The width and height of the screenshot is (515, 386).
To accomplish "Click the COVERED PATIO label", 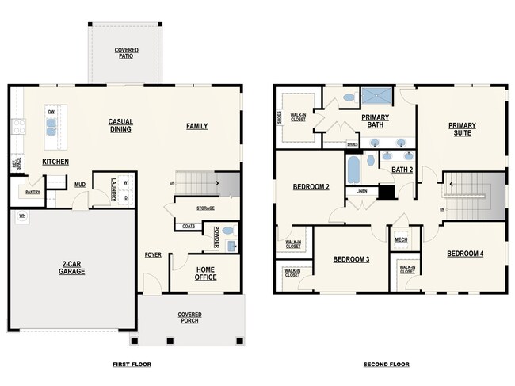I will pos(126,53).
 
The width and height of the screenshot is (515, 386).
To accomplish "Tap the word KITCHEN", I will pos(55,162).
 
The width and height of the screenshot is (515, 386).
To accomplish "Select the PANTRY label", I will pos(32,192).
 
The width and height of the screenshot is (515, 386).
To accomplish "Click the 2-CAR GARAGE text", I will pos(71,268).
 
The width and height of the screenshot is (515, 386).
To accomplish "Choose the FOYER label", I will pos(153,254).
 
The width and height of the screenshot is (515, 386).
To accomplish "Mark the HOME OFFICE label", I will pos(205,273).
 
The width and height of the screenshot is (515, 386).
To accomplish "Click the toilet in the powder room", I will pos(228,231).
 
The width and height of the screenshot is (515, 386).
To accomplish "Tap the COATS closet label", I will pos(189,226).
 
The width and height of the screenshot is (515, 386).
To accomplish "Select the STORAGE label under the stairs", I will pos(205,208).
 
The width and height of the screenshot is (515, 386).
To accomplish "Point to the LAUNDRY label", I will pos(114,190).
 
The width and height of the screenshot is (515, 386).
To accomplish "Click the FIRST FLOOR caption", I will pos(131,365).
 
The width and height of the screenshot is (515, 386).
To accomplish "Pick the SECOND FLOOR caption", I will pos(386,365).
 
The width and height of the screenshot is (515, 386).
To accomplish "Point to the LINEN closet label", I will pos(361,191).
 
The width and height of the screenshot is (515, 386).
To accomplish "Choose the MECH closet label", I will pos(401,239).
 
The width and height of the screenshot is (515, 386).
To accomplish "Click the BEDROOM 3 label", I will pos(351,259).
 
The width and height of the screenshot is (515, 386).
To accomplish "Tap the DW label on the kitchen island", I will pos(51,113).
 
